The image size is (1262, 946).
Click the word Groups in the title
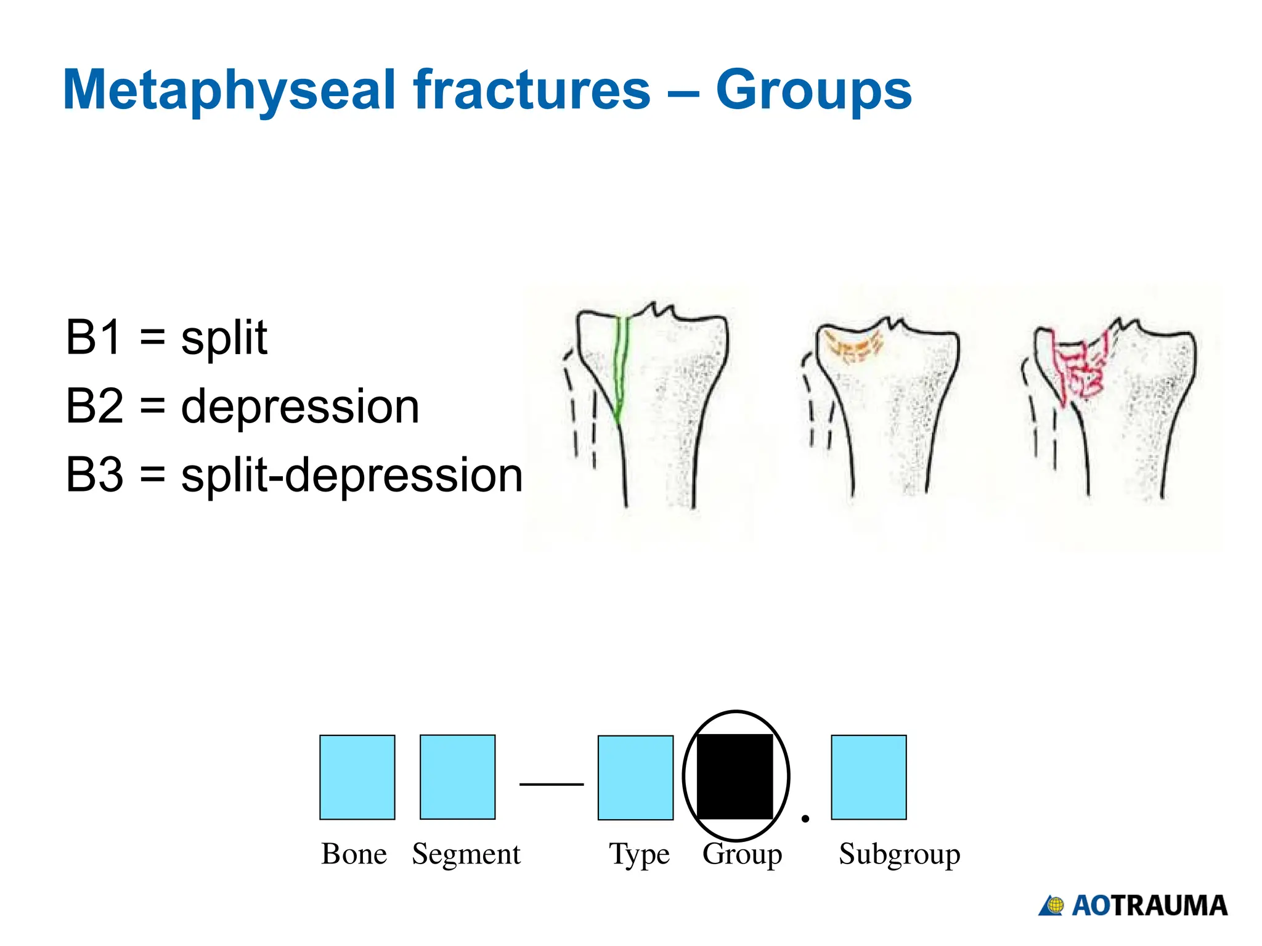(813, 91)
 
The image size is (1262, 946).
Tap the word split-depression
(352, 475)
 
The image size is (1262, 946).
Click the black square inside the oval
(735, 776)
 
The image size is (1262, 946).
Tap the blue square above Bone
(357, 777)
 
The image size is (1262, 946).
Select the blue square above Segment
(457, 777)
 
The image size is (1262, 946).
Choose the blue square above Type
(635, 777)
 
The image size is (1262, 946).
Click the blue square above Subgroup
(868, 777)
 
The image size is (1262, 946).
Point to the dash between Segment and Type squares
(552, 784)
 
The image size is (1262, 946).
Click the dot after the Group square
(805, 819)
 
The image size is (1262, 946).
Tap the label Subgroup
(899, 854)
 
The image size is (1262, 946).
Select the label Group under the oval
(742, 854)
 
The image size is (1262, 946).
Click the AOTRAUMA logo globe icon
(1055, 905)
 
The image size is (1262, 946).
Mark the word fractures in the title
(532, 91)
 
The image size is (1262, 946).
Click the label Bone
(354, 854)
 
